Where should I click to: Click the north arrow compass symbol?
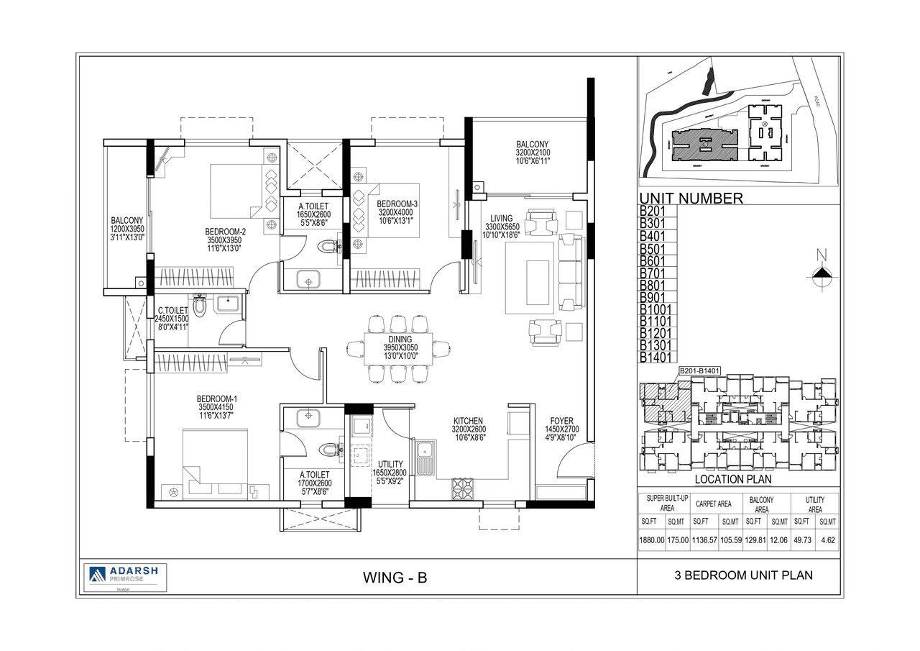(822, 271)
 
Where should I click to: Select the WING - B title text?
(395, 577)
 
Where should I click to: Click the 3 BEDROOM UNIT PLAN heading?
(743, 575)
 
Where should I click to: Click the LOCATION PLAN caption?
(732, 479)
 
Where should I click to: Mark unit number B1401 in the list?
(654, 357)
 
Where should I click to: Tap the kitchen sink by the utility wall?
(425, 457)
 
